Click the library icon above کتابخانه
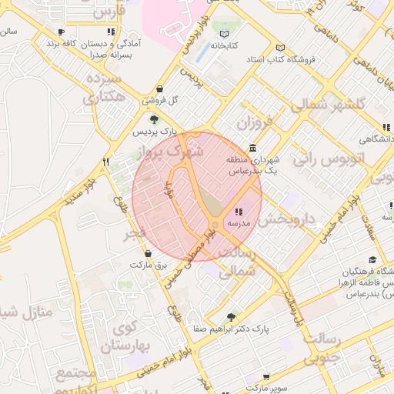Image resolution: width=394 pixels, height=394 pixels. click(x=224, y=34)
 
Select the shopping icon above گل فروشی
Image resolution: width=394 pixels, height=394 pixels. click(x=159, y=88)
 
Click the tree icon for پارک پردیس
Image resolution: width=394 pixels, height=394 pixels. click(x=154, y=119)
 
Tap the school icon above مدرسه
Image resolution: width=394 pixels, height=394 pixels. click(x=239, y=212)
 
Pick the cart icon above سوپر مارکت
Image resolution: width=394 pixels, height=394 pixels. click(x=265, y=378)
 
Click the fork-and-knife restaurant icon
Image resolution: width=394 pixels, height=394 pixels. click(x=106, y=162)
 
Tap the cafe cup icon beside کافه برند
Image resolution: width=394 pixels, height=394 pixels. click(x=61, y=32)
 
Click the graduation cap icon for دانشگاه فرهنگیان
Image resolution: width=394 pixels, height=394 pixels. click(x=373, y=260)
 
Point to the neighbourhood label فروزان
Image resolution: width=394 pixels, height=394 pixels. click(x=254, y=123)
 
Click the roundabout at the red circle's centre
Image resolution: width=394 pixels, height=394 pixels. click(x=214, y=225)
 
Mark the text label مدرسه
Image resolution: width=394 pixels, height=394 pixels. click(x=237, y=223)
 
